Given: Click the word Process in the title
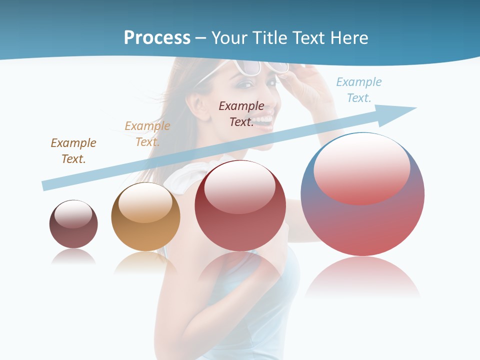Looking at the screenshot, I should click(157, 38).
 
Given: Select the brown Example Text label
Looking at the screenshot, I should click(73, 150).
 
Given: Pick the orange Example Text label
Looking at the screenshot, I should click(147, 133).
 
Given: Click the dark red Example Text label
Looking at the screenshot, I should click(241, 113).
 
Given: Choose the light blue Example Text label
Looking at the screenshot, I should click(359, 89).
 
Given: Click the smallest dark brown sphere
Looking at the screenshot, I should click(73, 224).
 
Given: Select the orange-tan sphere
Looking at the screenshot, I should click(145, 216).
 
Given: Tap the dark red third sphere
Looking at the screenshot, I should click(240, 205).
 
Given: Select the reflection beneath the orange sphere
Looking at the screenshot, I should click(145, 263).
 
